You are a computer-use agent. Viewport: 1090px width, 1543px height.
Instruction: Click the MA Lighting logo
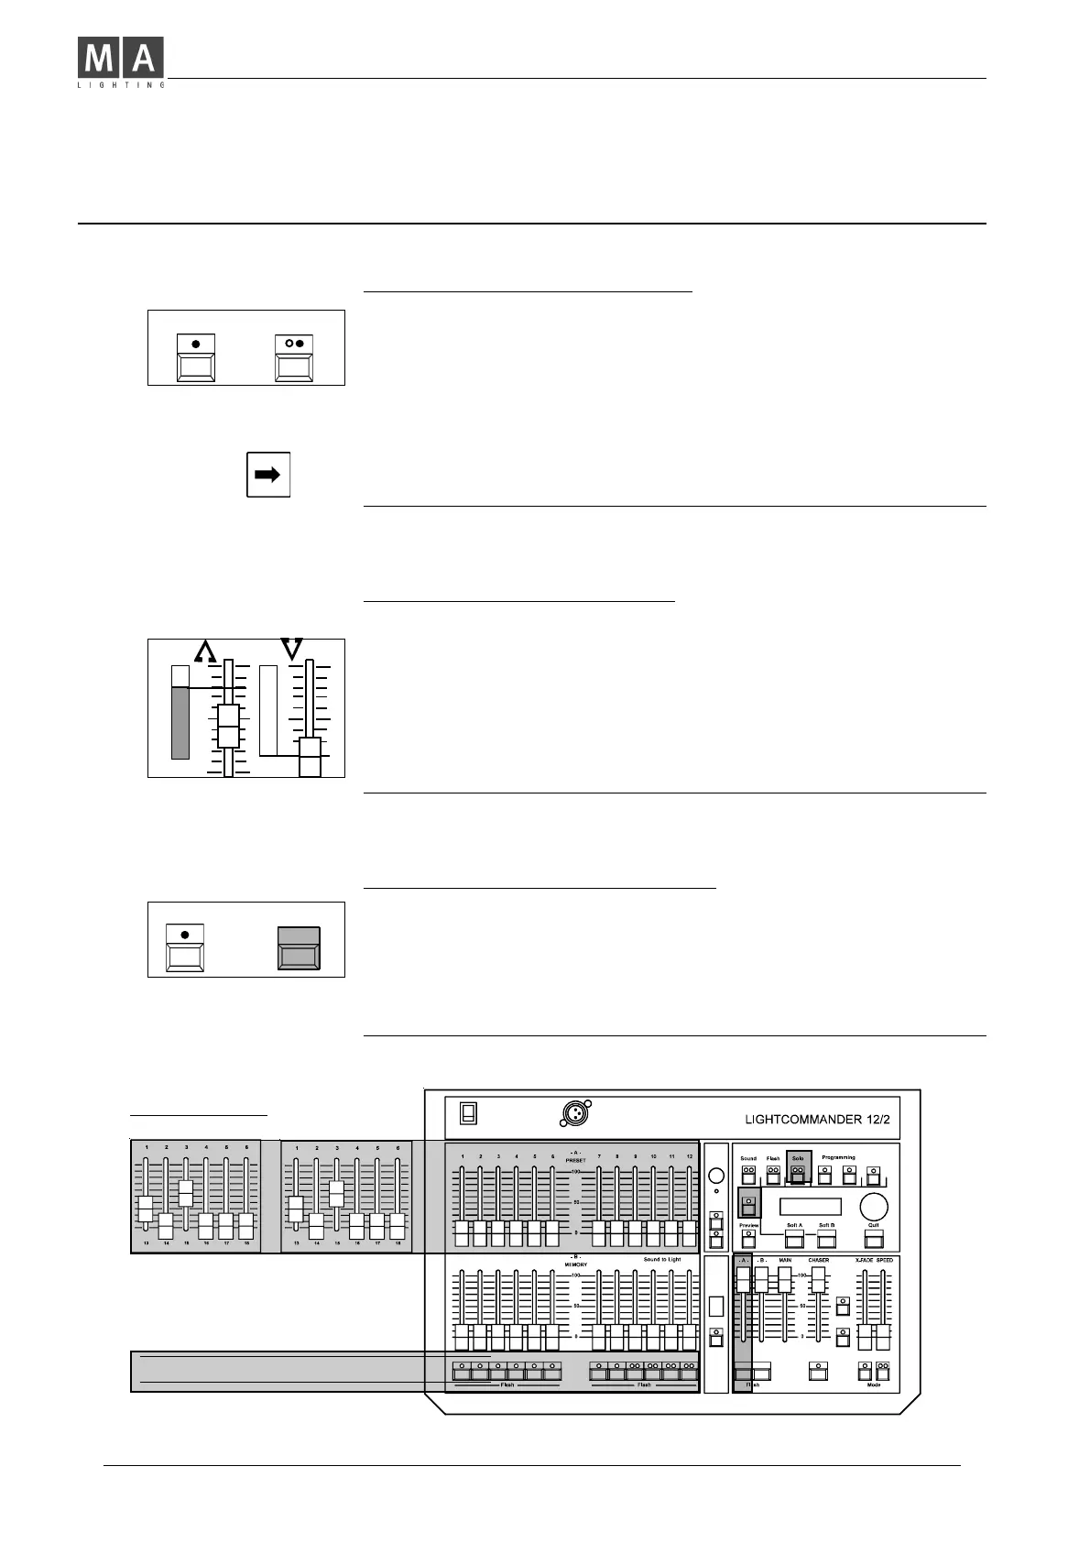coord(121,62)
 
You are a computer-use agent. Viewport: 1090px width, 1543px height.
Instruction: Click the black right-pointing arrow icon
coord(267,475)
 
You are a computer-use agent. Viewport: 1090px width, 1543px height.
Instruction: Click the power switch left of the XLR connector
coord(468,1112)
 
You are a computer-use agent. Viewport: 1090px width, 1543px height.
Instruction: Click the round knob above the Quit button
coord(873,1206)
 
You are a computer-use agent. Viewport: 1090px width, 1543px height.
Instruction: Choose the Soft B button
coord(827,1240)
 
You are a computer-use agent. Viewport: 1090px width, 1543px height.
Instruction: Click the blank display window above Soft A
coord(811,1206)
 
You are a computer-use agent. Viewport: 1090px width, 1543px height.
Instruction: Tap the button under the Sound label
coord(748,1176)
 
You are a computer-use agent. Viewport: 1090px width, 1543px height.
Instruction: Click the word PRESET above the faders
coord(575,1161)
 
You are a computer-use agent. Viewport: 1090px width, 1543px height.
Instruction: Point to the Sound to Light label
coord(661,1260)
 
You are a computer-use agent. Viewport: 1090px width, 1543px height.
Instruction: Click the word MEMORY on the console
coord(575,1264)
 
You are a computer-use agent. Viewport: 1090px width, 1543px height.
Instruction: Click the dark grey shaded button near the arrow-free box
coord(299,948)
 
